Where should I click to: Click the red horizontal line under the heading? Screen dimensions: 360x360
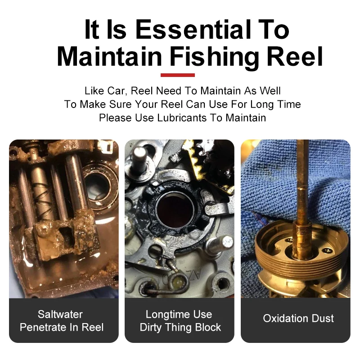tap(177, 75)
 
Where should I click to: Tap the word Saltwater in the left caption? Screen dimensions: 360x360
tap(60, 314)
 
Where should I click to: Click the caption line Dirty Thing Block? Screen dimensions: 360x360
tap(180, 327)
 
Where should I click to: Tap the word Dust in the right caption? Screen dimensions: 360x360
tap(322, 319)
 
